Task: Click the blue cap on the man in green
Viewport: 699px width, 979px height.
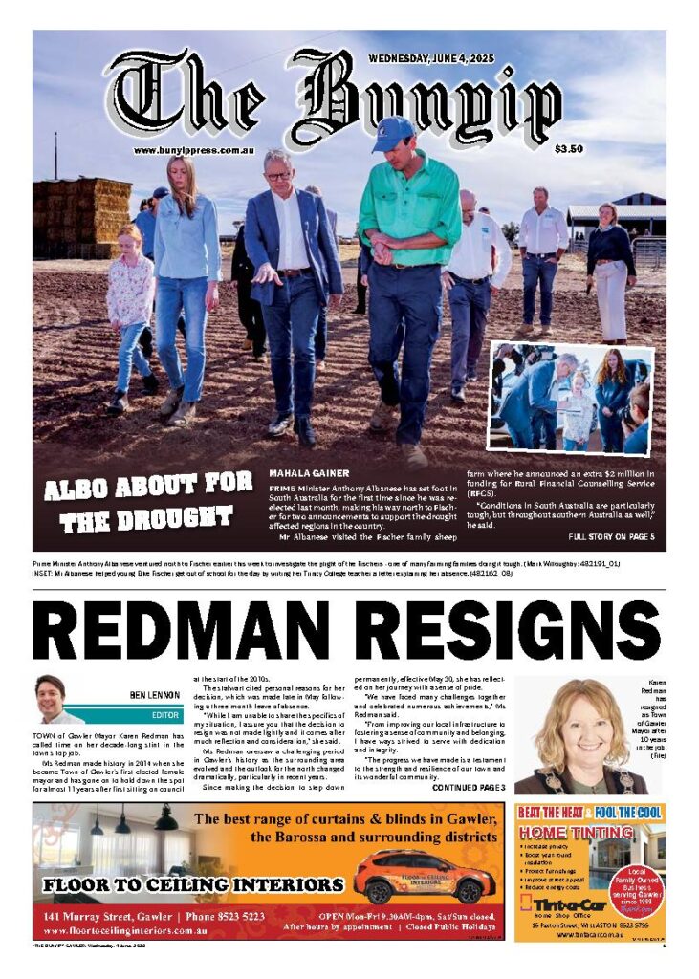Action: (393, 133)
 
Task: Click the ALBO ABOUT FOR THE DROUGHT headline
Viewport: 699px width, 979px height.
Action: (148, 502)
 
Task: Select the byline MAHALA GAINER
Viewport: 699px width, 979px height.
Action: (309, 473)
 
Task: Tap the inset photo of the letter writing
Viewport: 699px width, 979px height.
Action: (571, 398)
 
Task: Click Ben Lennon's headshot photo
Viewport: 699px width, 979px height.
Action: (54, 699)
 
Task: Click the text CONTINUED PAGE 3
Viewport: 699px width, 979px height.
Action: (469, 787)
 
